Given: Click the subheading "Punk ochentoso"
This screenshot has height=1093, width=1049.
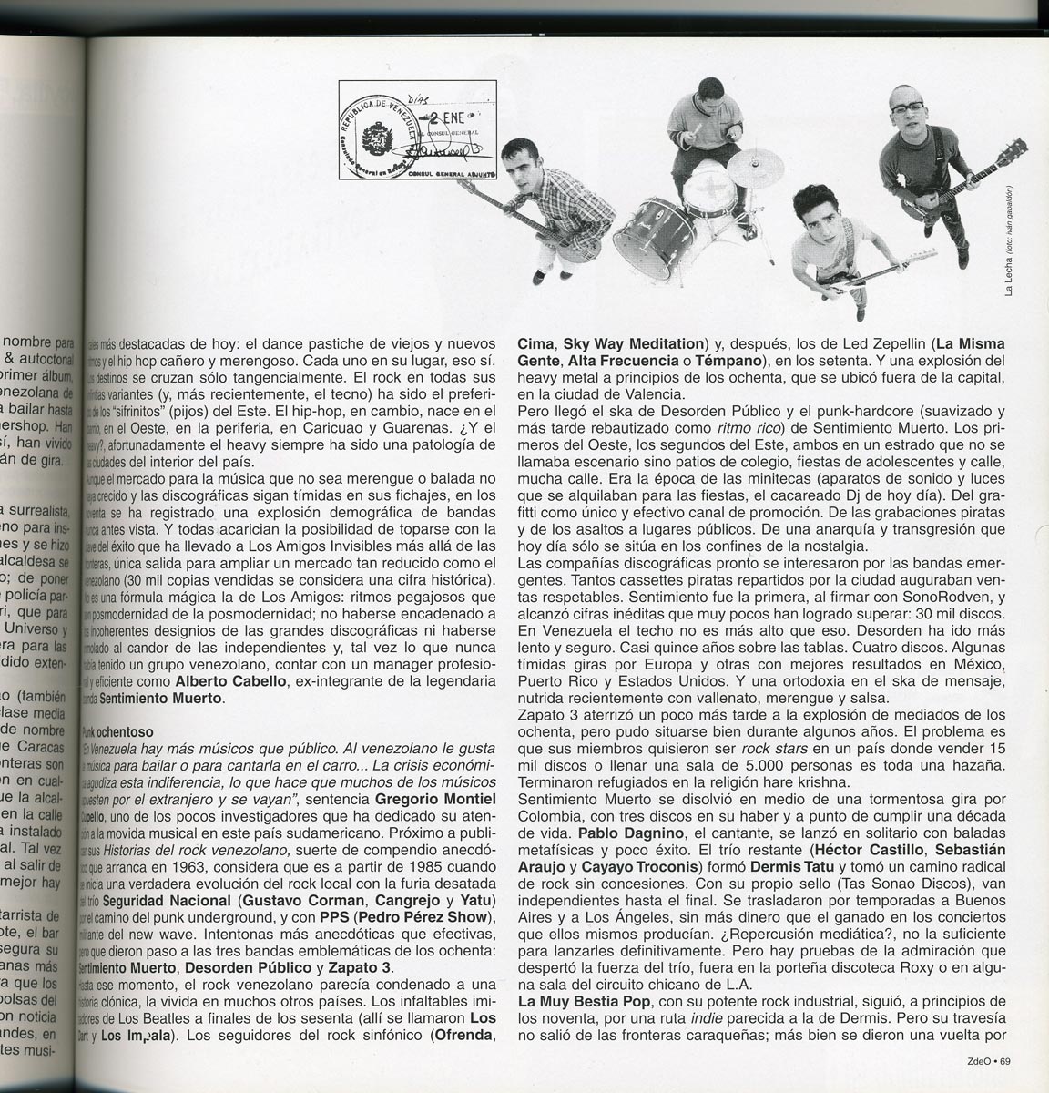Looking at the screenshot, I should tap(115, 730).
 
